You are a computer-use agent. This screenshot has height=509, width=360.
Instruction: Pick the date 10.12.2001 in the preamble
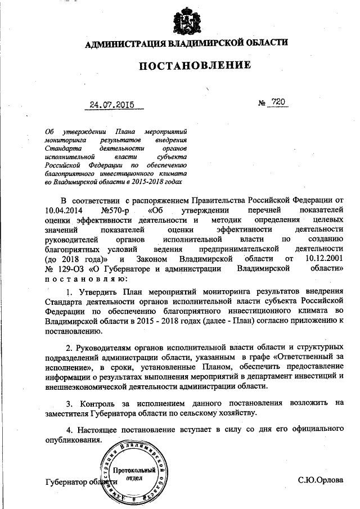(323, 259)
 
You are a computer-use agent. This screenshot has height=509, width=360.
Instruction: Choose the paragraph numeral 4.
(69, 431)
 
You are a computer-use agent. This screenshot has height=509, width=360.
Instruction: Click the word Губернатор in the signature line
(66, 483)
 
